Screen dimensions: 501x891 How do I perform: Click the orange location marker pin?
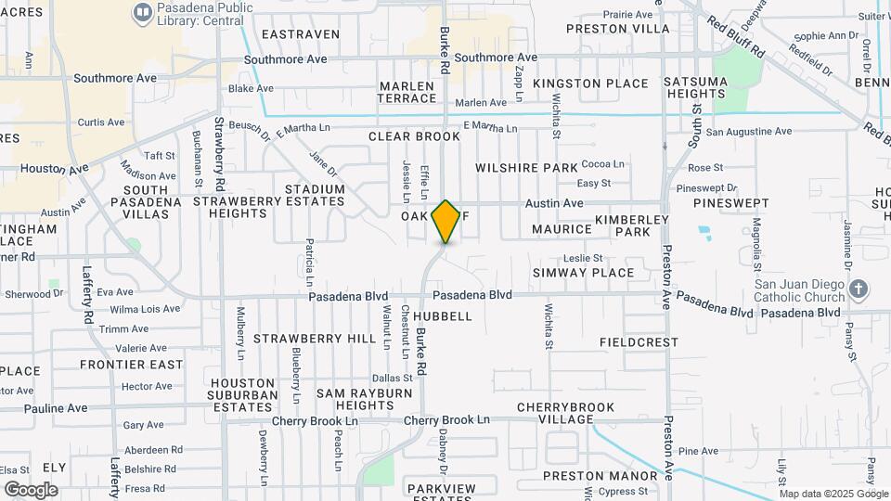click(445, 221)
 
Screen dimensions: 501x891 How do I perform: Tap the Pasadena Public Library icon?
click(142, 12)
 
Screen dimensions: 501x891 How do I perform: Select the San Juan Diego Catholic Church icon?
click(859, 289)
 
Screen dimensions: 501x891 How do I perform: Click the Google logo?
click(31, 489)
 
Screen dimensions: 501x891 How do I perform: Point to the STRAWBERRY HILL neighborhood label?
click(315, 339)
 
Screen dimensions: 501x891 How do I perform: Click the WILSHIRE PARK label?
click(526, 168)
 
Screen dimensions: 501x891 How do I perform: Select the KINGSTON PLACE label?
click(590, 83)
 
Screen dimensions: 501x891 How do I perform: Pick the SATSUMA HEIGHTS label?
click(722, 87)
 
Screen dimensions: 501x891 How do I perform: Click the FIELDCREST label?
click(639, 341)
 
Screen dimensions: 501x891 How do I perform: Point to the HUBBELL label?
click(450, 316)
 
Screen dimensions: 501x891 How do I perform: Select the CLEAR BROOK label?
click(414, 136)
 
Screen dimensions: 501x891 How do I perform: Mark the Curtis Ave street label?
click(100, 122)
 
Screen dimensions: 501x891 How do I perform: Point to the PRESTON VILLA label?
click(617, 29)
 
